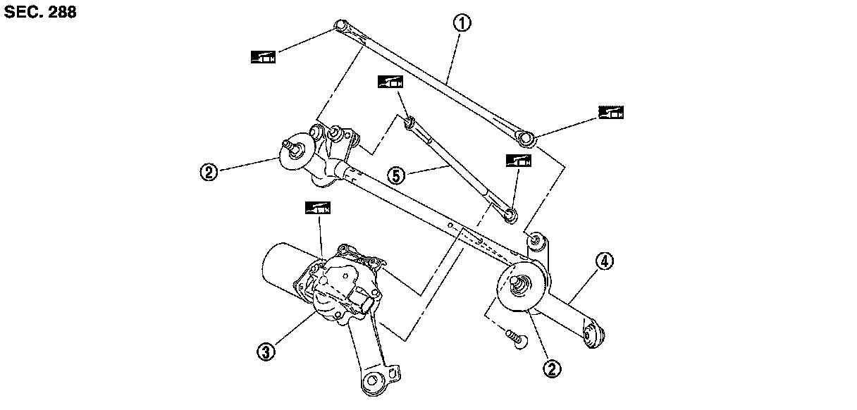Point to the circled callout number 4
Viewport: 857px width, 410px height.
(x=605, y=262)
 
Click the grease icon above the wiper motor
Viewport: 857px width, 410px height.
(x=318, y=208)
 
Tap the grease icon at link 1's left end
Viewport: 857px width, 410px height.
(x=264, y=56)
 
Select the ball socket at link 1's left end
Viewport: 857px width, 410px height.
(x=340, y=27)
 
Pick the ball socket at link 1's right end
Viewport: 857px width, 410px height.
(x=524, y=135)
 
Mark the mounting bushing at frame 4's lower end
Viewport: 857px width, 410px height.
(x=593, y=335)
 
